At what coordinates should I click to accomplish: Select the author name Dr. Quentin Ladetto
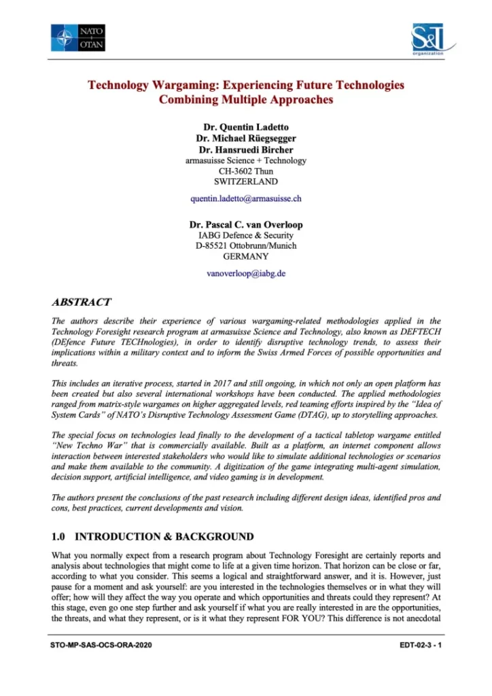coord(246,127)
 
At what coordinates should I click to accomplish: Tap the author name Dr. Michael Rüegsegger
coord(246,139)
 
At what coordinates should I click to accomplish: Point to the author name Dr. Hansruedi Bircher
coord(246,150)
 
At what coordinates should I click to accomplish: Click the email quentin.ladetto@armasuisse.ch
coord(246,199)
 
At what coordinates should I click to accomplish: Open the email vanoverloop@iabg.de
coord(246,273)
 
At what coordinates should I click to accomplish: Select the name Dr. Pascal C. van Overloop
coord(246,224)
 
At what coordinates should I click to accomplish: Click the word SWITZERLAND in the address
coord(246,182)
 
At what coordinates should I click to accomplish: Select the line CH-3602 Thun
coord(246,171)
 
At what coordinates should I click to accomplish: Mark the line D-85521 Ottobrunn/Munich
coord(246,245)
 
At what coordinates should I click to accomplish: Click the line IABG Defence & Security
coord(246,235)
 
